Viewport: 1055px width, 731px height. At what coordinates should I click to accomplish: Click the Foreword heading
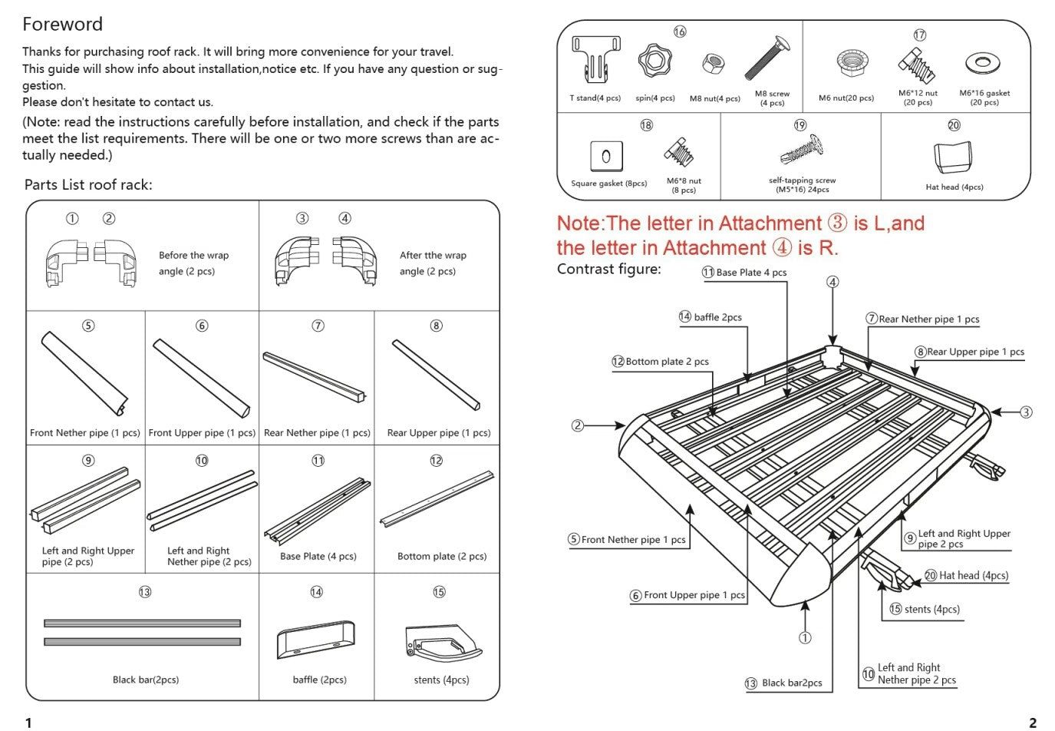tap(62, 25)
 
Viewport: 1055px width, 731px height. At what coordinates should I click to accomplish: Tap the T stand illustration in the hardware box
tap(595, 61)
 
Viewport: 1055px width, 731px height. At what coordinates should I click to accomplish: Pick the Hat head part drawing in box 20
tap(953, 157)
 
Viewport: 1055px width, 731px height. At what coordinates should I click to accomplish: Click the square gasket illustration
tap(605, 157)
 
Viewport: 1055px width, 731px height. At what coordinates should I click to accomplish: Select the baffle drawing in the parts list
tap(316, 640)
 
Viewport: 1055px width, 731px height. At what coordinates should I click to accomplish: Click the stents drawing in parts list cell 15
tap(442, 643)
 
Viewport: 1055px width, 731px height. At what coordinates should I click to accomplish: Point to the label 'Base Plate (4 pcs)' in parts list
tap(318, 556)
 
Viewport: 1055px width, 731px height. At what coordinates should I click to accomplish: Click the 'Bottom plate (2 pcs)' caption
tap(441, 556)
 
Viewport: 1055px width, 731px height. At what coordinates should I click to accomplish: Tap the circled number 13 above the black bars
tap(145, 592)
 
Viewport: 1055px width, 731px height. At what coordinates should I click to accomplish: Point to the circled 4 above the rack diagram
tap(832, 282)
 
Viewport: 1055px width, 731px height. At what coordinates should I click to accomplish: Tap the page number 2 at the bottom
tap(1032, 722)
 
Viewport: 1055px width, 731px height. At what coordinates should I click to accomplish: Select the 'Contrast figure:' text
tap(608, 269)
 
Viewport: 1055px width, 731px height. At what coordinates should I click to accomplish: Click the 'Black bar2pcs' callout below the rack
tap(791, 683)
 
